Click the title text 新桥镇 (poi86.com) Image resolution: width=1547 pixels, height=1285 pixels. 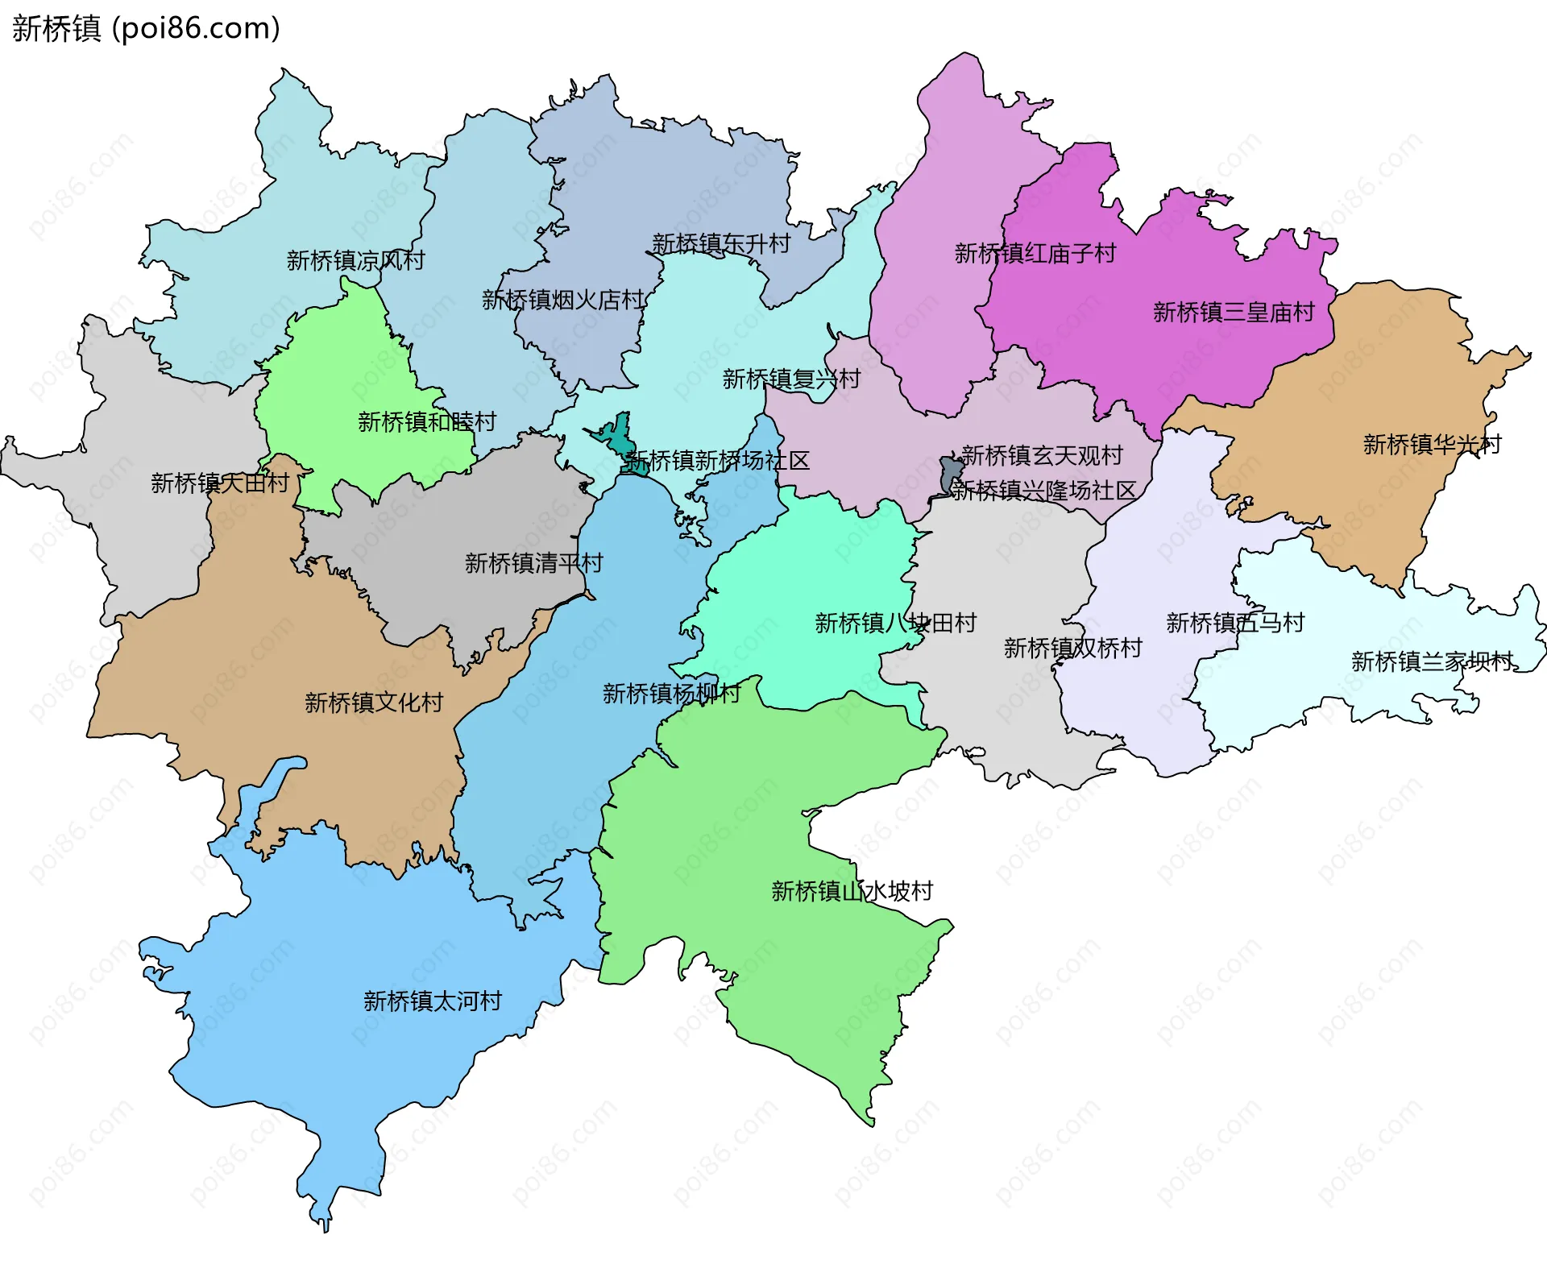coord(146,29)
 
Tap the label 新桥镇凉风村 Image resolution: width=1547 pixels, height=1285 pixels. coord(355,260)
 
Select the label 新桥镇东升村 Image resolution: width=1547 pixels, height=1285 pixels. coord(721,243)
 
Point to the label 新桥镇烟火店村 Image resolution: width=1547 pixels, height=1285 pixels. coord(563,300)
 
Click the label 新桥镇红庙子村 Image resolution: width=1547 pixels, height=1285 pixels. coord(1035,253)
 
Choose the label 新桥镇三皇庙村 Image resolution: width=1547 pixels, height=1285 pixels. coord(1234,312)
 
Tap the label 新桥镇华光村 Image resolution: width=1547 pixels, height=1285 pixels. coord(1432,444)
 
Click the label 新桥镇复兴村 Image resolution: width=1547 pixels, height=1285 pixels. coord(791,379)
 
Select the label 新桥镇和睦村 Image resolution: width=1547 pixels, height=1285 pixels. coord(426,421)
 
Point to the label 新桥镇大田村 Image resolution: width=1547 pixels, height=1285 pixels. coord(220,483)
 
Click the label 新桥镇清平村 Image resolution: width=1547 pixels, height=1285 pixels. coord(533,562)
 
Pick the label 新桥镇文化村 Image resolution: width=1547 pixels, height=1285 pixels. coord(374,703)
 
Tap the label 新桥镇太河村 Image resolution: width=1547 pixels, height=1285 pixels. coord(433,1001)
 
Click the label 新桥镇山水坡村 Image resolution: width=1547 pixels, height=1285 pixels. coord(852,890)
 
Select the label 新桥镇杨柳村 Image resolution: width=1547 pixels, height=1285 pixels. coord(671,693)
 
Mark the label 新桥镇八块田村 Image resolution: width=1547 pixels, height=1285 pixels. coord(895,623)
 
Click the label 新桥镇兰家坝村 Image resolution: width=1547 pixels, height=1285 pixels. coord(1432,661)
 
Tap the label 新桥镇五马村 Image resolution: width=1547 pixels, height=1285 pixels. coord(1234,623)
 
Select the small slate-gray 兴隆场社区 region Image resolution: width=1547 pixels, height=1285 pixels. coord(950,475)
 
